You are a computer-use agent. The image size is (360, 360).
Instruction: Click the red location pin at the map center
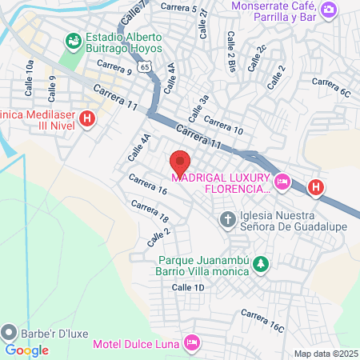coord(180,164)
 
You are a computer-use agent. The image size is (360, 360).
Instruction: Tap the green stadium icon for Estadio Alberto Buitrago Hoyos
coord(74,39)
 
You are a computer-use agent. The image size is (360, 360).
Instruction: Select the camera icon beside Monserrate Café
coord(328,10)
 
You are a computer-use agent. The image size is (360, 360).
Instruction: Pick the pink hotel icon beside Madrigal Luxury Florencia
coord(282,183)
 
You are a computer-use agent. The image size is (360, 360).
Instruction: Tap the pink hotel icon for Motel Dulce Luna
coord(191,343)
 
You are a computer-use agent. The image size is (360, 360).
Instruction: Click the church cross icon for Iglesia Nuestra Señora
coord(227,218)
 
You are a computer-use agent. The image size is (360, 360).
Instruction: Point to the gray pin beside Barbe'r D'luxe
coord(9,330)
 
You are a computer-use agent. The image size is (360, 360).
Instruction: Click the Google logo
coord(27,350)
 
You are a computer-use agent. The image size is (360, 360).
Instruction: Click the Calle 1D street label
coord(188,287)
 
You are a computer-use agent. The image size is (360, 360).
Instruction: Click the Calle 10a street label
coord(30,72)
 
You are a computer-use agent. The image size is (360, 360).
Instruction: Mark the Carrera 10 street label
coord(223,123)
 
